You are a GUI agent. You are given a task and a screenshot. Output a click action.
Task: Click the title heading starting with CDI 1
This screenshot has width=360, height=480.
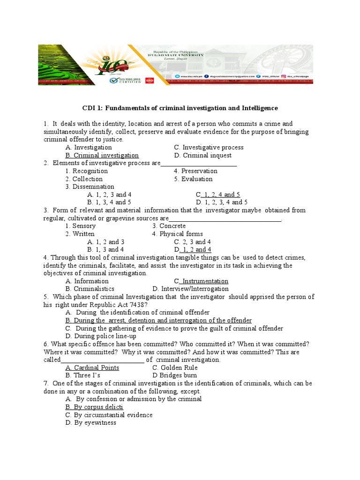[180, 108]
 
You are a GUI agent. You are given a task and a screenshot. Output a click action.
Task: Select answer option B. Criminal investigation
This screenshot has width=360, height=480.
[102, 155]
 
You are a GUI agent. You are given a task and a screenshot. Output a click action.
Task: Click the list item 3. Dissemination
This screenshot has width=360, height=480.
[90, 187]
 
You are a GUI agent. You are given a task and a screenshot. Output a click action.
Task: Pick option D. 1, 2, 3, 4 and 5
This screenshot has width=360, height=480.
[222, 202]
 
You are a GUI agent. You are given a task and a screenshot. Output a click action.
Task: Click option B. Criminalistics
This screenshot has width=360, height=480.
[90, 289]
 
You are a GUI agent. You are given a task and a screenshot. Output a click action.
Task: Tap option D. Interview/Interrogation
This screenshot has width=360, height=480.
[190, 289]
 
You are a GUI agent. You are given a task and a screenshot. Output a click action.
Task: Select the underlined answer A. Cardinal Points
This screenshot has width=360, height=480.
[92, 367]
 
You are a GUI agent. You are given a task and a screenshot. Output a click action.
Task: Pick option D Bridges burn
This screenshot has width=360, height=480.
[175, 375]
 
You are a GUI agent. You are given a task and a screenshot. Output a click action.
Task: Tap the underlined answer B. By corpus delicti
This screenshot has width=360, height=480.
[94, 407]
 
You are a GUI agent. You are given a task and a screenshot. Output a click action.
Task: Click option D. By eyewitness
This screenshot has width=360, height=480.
[91, 423]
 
